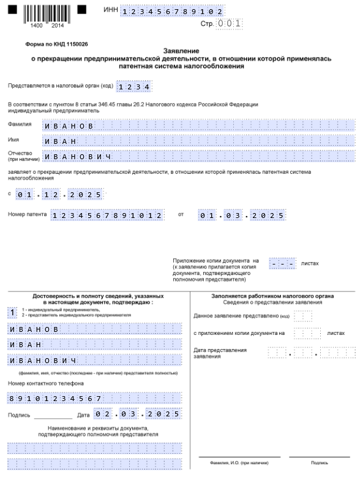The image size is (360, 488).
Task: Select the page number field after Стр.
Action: click(x=230, y=24)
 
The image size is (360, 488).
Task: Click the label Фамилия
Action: click(x=20, y=124)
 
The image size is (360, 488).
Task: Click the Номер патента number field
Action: click(x=108, y=216)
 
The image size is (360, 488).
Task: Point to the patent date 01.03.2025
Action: click(x=242, y=216)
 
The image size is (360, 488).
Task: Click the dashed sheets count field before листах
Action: click(x=282, y=264)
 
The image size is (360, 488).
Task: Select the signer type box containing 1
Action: click(x=13, y=313)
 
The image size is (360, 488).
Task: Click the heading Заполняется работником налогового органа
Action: click(x=272, y=296)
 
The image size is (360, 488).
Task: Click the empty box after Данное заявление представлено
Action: click(x=303, y=316)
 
